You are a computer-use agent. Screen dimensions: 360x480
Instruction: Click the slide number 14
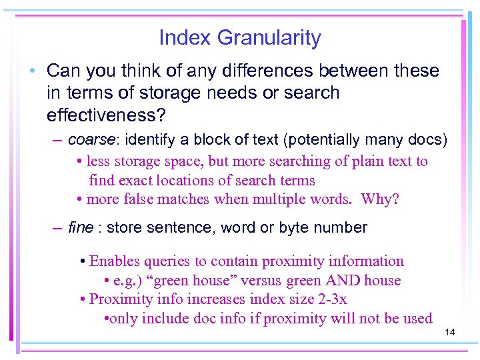coord(449,331)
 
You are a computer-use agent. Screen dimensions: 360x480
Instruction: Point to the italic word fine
coord(80,228)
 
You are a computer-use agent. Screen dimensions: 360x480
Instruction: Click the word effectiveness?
coord(106,115)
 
